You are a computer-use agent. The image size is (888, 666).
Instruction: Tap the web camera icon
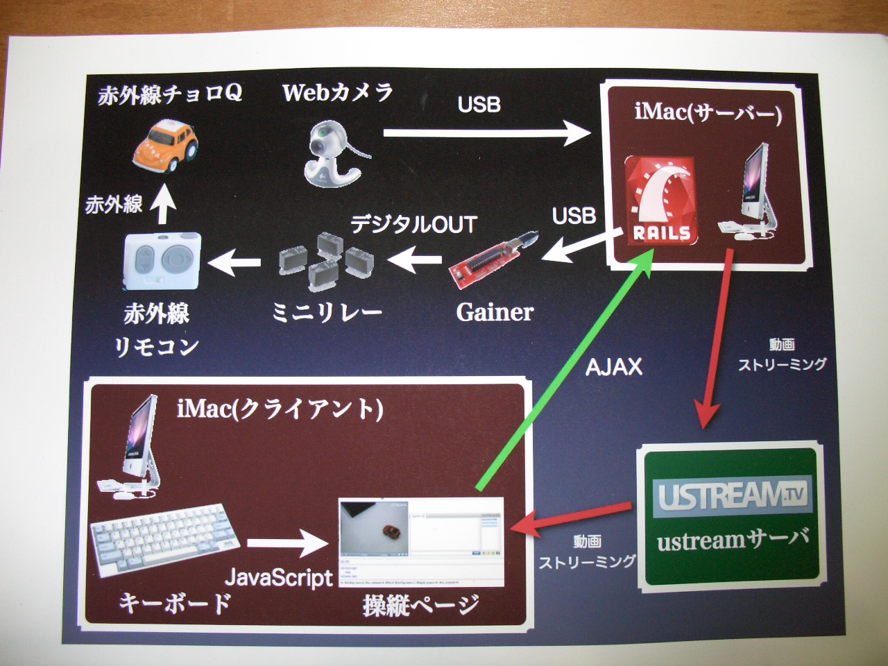tap(332, 154)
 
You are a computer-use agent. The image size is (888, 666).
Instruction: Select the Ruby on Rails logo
tap(661, 200)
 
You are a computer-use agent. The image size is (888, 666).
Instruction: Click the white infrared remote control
tap(162, 262)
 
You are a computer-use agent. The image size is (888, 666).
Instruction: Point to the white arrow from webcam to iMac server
tap(486, 133)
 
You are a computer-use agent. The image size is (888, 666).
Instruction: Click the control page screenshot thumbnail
tap(420, 542)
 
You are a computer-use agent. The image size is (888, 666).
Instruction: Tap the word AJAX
tap(614, 366)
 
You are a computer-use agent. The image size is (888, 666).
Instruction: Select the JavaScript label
tap(279, 577)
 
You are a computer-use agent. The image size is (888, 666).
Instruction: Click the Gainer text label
tap(495, 312)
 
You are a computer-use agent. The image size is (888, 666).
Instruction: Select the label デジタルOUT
tap(414, 224)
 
